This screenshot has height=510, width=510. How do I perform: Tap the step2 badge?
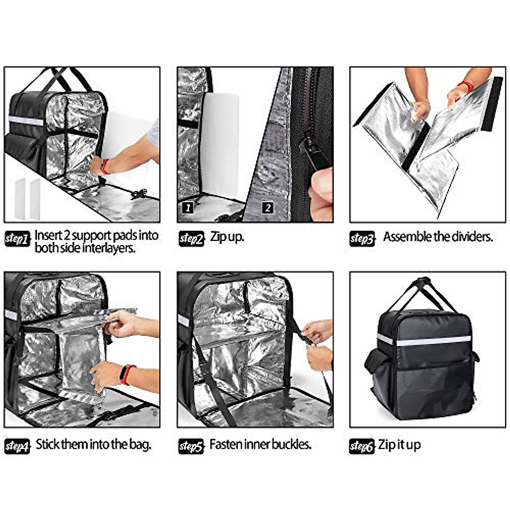[x=191, y=239]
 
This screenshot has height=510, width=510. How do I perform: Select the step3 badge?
[x=362, y=239]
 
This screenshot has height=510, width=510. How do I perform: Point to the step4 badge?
[x=17, y=447]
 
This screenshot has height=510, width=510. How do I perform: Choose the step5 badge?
[x=191, y=447]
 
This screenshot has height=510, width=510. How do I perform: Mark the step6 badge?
[x=362, y=447]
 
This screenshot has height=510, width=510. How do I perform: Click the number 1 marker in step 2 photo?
[x=187, y=207]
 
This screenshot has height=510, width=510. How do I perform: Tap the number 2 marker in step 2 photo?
[x=267, y=207]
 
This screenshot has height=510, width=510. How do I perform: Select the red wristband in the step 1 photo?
[x=104, y=166]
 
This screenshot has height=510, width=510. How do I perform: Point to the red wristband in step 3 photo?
[x=466, y=86]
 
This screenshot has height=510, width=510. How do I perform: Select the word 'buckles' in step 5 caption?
[x=291, y=445]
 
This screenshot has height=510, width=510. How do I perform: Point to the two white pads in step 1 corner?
[x=27, y=198]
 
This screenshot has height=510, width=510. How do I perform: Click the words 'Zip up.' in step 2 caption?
[x=227, y=237]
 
